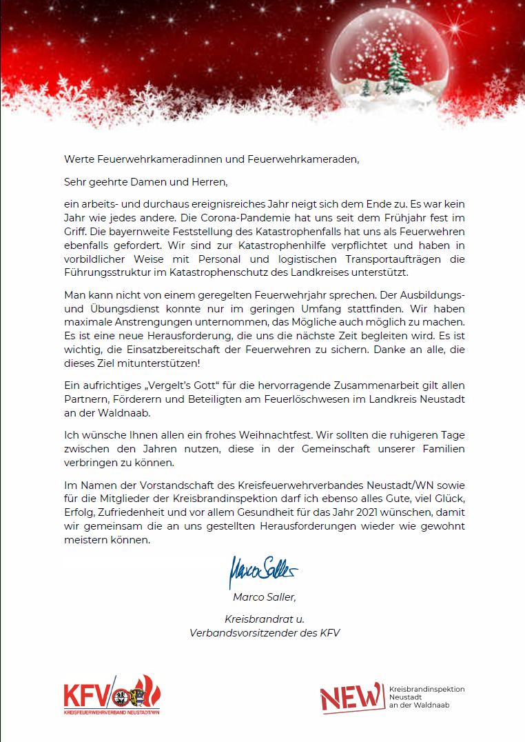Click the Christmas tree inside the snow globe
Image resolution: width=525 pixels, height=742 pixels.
pyautogui.click(x=398, y=73)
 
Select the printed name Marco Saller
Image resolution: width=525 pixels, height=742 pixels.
pyautogui.click(x=264, y=597)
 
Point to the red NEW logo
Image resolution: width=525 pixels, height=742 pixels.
pyautogui.click(x=351, y=697)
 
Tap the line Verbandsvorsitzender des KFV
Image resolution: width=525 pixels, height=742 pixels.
pyautogui.click(x=264, y=632)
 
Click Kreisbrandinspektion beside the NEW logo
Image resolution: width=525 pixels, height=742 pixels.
pyautogui.click(x=427, y=689)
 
